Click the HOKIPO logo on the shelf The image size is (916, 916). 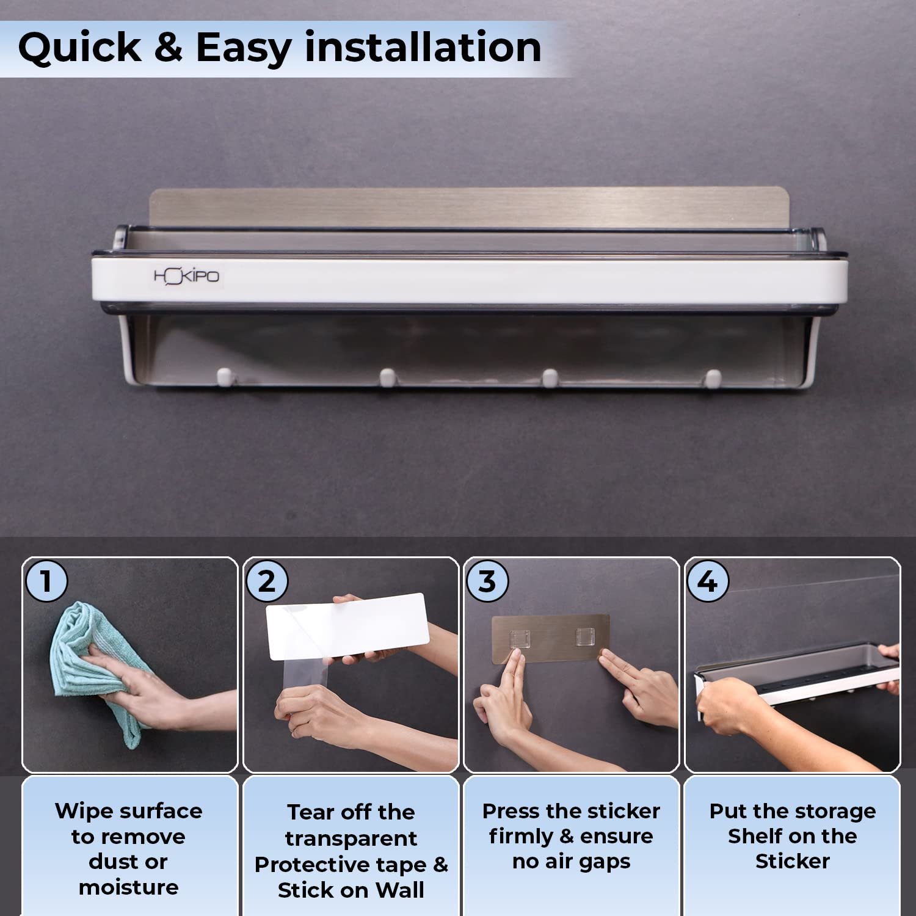click(186, 277)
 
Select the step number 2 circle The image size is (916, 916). click(266, 581)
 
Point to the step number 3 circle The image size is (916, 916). click(487, 581)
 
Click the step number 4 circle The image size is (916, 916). click(708, 581)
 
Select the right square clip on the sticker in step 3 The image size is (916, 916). click(584, 636)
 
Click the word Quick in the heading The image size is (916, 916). click(80, 48)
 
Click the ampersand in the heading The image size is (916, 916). click(168, 48)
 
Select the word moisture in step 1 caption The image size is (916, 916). click(129, 887)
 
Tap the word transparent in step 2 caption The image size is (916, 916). click(351, 839)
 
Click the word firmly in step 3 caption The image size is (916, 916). click(521, 836)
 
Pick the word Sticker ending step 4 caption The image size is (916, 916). click(793, 861)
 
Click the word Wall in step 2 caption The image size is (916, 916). click(400, 890)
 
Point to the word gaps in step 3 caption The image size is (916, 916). click(604, 863)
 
